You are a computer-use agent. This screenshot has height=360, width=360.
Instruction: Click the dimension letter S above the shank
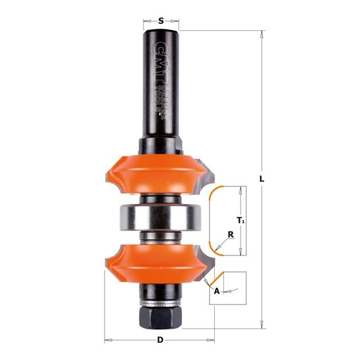(161, 21)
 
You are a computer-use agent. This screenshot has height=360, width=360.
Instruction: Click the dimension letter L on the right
(262, 179)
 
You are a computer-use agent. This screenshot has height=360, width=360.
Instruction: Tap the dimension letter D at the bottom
(160, 340)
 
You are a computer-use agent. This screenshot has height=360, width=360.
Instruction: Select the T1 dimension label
(241, 221)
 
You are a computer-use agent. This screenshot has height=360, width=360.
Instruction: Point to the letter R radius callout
(231, 235)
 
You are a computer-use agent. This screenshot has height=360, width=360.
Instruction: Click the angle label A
(217, 291)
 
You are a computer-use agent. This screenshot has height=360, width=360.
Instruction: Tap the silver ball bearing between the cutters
(161, 217)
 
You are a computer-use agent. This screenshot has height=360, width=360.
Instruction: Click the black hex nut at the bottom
(160, 317)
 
